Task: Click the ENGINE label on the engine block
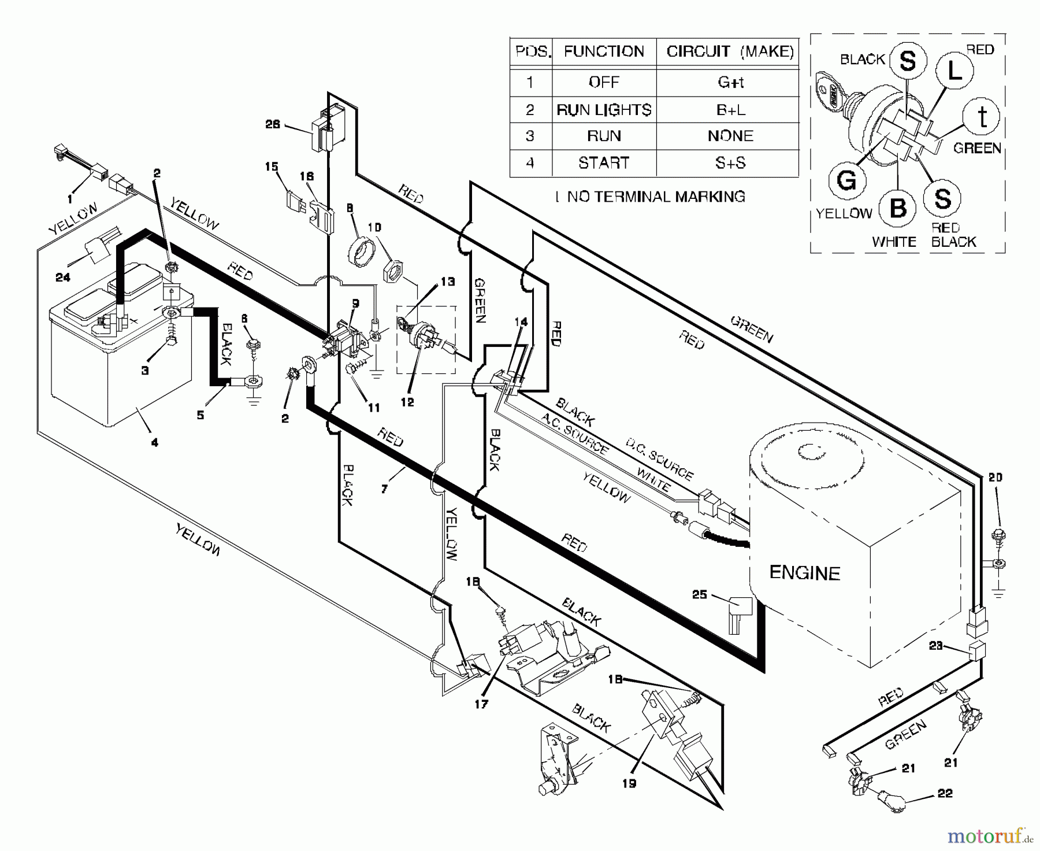(804, 573)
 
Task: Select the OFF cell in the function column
(604, 82)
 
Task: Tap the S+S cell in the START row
(730, 163)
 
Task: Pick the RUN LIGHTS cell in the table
(604, 110)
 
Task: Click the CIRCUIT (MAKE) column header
(730, 51)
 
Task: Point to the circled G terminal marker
(846, 180)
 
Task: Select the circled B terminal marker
(897, 208)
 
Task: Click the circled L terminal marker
(954, 71)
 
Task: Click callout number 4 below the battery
(154, 443)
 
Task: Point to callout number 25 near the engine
(700, 594)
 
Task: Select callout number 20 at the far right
(995, 478)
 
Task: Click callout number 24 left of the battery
(63, 277)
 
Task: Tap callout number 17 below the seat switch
(481, 704)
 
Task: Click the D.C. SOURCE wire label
(659, 460)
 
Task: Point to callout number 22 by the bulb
(945, 794)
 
